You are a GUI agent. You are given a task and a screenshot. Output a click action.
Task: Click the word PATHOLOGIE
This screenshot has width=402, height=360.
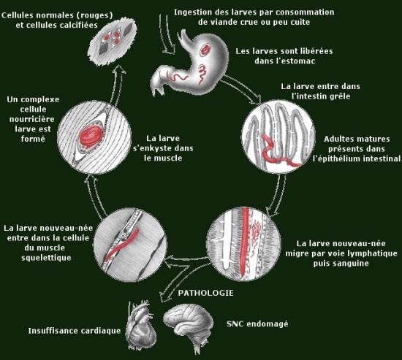point(205,293)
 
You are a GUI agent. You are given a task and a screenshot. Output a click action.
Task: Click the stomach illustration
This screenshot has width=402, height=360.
point(190,61)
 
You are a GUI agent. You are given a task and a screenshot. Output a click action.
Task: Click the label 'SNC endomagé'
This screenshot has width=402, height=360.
point(257,324)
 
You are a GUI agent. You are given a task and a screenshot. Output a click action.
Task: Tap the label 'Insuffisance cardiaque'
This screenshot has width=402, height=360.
point(75,331)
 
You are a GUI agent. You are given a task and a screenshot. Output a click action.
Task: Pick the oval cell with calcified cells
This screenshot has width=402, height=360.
point(112,40)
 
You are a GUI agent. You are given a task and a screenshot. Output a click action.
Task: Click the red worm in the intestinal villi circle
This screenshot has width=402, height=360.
point(278,151)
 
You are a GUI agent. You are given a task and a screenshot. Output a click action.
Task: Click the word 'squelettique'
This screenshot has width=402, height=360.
point(46,258)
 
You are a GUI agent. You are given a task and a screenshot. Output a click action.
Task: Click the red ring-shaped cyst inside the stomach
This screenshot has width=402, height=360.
point(205,50)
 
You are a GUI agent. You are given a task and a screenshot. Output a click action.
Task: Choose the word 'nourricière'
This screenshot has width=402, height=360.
point(32,119)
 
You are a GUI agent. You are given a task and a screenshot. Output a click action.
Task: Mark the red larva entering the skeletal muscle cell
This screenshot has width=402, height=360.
point(122,245)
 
